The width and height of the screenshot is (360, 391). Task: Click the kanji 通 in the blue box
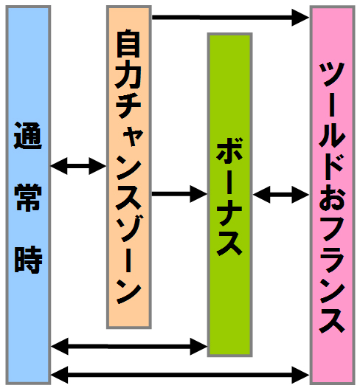click(x=28, y=136)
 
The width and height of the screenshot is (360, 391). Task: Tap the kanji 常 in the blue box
click(x=28, y=198)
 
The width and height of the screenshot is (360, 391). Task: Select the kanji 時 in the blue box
click(x=28, y=260)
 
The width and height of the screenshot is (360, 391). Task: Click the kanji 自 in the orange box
click(x=128, y=44)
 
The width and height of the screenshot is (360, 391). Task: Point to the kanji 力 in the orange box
click(x=128, y=75)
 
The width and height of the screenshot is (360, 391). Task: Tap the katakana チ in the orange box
click(x=128, y=105)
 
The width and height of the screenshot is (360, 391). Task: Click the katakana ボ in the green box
click(x=229, y=150)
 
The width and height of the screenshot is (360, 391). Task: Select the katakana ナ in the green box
click(x=229, y=212)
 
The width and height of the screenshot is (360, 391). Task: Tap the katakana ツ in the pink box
click(x=332, y=74)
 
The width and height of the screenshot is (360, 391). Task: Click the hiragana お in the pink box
click(x=332, y=197)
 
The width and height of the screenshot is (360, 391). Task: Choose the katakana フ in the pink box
click(x=332, y=228)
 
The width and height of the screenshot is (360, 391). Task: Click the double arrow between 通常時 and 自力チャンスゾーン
click(x=78, y=166)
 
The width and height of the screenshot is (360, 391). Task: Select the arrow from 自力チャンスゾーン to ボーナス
click(x=179, y=194)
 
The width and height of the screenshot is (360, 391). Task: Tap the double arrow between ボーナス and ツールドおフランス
click(x=281, y=194)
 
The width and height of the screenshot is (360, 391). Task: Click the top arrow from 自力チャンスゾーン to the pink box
click(x=230, y=18)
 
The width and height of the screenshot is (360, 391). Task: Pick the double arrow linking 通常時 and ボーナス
click(x=129, y=346)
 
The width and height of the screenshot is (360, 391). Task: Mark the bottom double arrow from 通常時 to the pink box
click(x=180, y=375)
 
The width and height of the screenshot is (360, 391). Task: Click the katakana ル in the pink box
click(x=332, y=136)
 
